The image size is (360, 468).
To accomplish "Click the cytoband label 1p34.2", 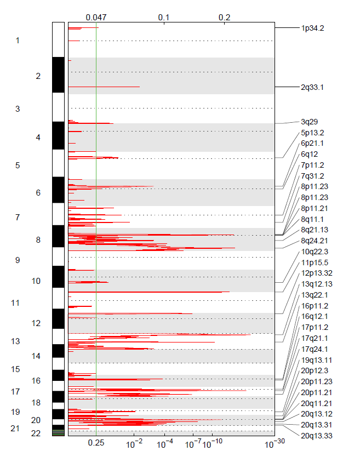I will [x=312, y=28].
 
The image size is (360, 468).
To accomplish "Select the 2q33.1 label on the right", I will [x=312, y=87].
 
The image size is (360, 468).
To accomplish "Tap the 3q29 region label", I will [x=309, y=122].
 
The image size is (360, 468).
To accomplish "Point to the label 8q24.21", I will [x=314, y=241].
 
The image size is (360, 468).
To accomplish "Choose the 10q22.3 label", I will [x=314, y=252].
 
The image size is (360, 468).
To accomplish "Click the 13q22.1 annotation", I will [x=314, y=295].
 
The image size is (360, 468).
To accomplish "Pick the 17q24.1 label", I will [x=314, y=349].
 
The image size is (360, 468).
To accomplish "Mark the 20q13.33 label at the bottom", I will [x=316, y=436].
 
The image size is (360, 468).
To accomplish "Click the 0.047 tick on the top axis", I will [x=96, y=18].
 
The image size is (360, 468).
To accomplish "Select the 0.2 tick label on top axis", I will [x=225, y=18].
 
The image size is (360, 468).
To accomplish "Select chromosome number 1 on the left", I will [x=18, y=41].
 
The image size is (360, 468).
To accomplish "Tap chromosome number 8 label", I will [x=38, y=240].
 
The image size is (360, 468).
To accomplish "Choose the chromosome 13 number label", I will [x=15, y=341].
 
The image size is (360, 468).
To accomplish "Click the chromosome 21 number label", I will [x=15, y=429].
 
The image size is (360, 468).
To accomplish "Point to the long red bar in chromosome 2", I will [x=104, y=87].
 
